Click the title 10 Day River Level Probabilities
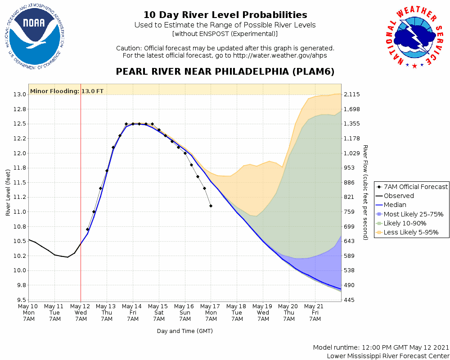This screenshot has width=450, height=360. (x=225, y=15)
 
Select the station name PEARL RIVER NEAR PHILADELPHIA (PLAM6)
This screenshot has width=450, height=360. (x=225, y=72)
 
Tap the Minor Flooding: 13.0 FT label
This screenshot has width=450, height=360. (x=67, y=91)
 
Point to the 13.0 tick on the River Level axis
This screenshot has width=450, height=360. (x=20, y=94)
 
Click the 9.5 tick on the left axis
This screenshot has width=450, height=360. (x=21, y=300)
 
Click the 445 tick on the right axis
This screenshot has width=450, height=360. (x=349, y=300)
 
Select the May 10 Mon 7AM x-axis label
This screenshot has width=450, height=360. (x=28, y=312)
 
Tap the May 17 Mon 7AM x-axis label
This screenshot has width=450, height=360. (x=211, y=312)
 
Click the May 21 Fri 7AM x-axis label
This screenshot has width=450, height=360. (x=315, y=312)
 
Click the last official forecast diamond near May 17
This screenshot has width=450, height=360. (x=211, y=206)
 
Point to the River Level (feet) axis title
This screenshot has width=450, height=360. (x=8, y=192)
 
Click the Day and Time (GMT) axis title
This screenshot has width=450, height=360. (x=184, y=331)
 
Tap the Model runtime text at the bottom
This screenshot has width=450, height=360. (x=381, y=348)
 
